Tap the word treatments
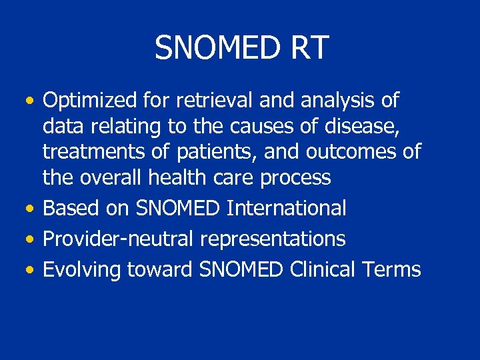[93, 152]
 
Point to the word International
[287, 208]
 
